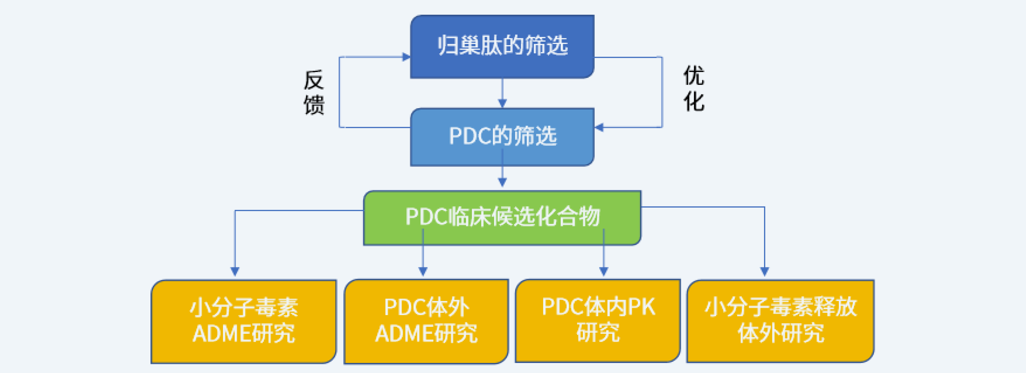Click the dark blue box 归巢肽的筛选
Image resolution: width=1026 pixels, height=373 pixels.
coord(502,47)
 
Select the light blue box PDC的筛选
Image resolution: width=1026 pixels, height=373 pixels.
coord(502,137)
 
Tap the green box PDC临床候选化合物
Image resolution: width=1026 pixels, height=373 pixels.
coord(502,218)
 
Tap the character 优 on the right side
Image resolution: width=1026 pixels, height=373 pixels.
coord(694,76)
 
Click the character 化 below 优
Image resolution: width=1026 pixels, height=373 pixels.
coord(694,101)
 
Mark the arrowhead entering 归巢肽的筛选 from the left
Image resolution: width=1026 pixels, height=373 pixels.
coord(406,57)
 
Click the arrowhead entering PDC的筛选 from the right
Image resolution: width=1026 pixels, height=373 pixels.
coord(599,127)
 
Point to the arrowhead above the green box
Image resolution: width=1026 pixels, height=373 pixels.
coord(502,182)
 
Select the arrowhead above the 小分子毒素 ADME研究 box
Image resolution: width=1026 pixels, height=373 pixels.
coord(235,272)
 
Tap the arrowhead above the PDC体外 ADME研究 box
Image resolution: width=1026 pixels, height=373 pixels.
coord(423,272)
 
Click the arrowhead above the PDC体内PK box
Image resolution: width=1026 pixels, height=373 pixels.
coord(603,272)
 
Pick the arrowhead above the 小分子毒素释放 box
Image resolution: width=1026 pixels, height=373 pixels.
coord(764,272)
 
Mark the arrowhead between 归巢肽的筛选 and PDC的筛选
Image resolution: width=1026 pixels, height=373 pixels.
coord(502,103)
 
